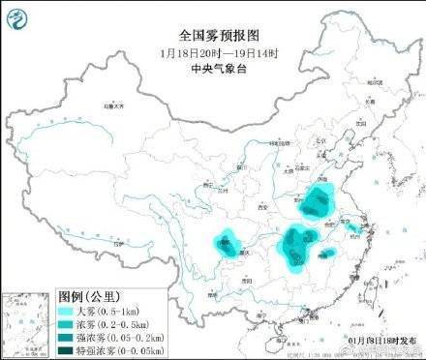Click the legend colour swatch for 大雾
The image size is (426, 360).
pyautogui.click(x=67, y=310)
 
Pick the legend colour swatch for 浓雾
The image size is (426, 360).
pyautogui.click(x=67, y=323)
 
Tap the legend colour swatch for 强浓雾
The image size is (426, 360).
pyautogui.click(x=67, y=336)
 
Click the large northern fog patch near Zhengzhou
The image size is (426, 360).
pyautogui.click(x=317, y=205)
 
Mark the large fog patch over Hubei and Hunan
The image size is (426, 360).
pyautogui.click(x=295, y=242)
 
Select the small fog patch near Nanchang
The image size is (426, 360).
pyautogui.click(x=328, y=254)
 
